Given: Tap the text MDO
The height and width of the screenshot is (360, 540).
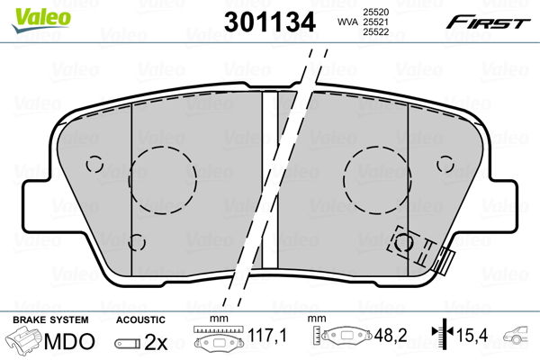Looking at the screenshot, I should click(x=68, y=342).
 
